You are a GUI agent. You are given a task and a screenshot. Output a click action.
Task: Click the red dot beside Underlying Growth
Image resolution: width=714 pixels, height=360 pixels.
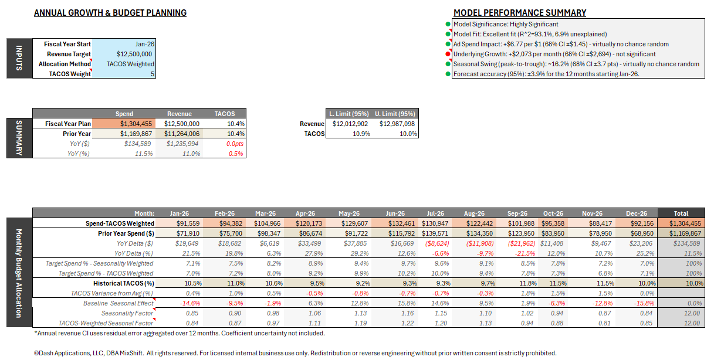(x=448, y=54)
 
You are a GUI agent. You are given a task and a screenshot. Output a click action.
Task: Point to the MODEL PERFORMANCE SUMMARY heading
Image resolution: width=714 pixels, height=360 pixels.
(x=519, y=13)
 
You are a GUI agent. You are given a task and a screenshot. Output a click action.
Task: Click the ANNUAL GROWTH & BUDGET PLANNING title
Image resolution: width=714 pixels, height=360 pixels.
(x=110, y=13)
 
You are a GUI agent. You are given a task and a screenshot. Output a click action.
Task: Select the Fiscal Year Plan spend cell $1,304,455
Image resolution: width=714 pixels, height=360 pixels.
(x=136, y=124)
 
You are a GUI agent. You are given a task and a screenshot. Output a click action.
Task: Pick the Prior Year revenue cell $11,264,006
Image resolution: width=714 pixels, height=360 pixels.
(x=181, y=134)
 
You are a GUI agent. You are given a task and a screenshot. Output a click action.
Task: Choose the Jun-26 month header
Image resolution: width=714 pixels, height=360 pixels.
(x=395, y=213)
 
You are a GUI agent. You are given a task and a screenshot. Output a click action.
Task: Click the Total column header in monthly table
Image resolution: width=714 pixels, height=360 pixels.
(x=681, y=213)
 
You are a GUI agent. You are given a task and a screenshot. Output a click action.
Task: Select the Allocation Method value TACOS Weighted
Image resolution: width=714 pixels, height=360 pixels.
(x=130, y=64)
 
